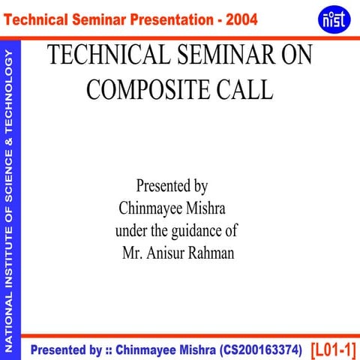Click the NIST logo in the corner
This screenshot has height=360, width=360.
[x=333, y=18]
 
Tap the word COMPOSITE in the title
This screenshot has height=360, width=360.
[x=148, y=89]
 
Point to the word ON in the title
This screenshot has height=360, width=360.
[x=291, y=56]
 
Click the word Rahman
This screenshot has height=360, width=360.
[x=211, y=253]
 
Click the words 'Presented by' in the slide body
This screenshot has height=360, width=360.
[x=172, y=184]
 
